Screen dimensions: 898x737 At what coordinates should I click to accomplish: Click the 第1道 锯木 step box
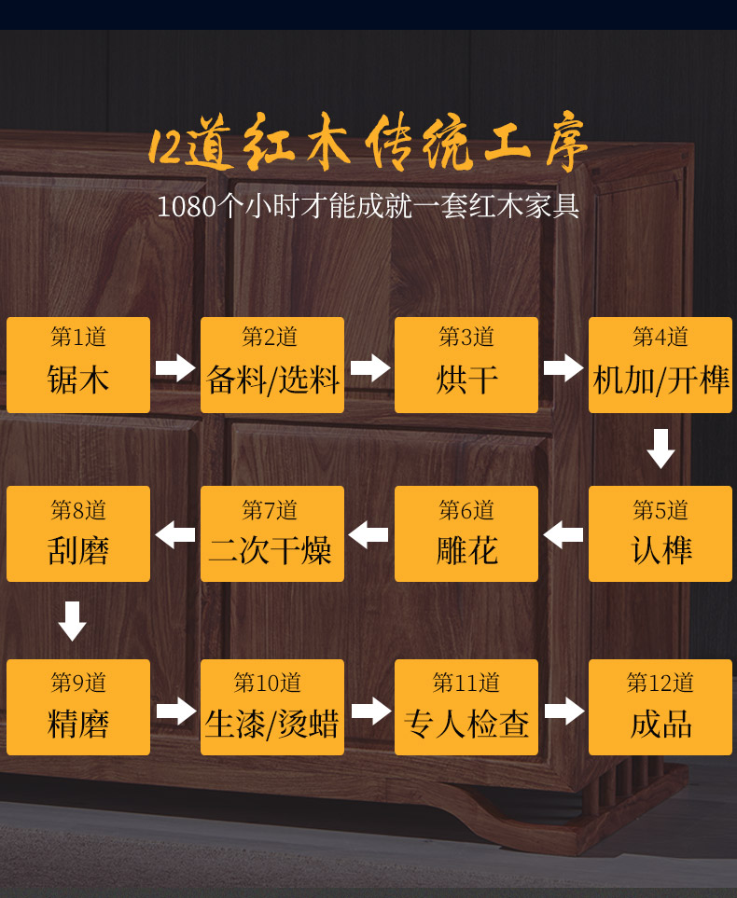coord(78,365)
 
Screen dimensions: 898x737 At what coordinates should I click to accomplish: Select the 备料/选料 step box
coord(272,365)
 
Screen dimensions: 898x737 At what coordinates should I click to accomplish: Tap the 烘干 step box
coord(466,365)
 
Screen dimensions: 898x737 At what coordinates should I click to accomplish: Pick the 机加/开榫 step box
coord(661,365)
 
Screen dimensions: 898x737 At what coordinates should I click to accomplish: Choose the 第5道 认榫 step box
coord(661,533)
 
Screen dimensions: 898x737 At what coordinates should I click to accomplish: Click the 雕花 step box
coord(466,533)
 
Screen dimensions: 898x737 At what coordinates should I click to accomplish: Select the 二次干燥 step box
coord(272,533)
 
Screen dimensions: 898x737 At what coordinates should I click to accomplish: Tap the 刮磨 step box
coord(78,533)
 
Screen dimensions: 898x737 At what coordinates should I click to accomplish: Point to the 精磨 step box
coord(78,707)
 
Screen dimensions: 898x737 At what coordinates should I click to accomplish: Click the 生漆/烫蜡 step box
coord(272,707)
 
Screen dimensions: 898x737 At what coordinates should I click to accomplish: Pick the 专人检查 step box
coord(466,707)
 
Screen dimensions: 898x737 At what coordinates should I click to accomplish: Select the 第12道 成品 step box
coord(661,707)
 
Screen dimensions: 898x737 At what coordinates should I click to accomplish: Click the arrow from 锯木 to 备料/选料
coord(175,367)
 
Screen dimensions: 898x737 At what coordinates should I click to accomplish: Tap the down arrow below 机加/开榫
coord(661,449)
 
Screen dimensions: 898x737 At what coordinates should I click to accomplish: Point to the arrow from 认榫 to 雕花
coord(563,535)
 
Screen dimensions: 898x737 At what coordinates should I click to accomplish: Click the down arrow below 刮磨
coord(73,621)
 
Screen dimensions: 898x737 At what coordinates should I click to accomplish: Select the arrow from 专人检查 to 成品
coord(563,711)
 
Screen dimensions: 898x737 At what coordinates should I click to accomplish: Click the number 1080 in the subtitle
coord(186,206)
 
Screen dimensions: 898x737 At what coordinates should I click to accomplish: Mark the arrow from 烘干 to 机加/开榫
coord(563,367)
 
